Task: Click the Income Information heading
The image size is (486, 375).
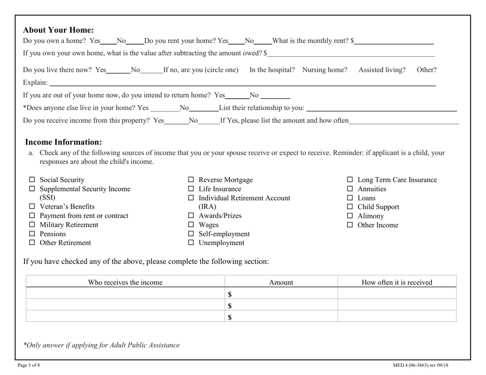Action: coord(63,142)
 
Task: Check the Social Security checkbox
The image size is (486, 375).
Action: coord(31,180)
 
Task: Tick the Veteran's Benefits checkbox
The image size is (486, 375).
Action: coord(31,207)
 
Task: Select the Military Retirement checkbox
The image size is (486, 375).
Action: coord(31,225)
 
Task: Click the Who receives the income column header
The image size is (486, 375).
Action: coord(125,282)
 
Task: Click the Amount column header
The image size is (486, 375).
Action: coord(281,282)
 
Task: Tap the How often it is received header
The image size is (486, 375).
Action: coord(396,282)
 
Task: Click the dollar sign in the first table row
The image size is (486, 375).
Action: coord(230,294)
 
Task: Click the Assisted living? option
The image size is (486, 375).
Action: coord(382,69)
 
